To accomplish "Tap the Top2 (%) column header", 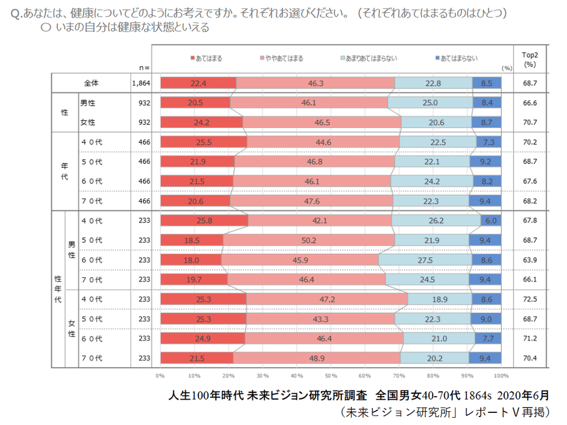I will pyautogui.click(x=530, y=58).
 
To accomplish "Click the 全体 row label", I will pyautogui.click(x=91, y=83).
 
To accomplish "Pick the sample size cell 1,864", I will pyautogui.click(x=141, y=83).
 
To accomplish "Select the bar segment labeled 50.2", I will pyautogui.click(x=309, y=240).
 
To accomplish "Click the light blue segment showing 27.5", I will pyautogui.click(x=425, y=260).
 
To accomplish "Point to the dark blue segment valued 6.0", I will pyautogui.click(x=491, y=221).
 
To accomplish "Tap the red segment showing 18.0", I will pyautogui.click(x=191, y=260).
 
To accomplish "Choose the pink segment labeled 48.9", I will pyautogui.click(x=316, y=358).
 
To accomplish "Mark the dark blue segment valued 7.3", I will pyautogui.click(x=489, y=142).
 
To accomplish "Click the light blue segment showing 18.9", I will pyautogui.click(x=440, y=299).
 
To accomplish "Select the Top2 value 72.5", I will pyautogui.click(x=530, y=299).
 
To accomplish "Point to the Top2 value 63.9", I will pyautogui.click(x=530, y=260).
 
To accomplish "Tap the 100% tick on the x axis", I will pyautogui.click(x=500, y=376).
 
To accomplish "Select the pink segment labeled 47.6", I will pyautogui.click(x=311, y=201).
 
